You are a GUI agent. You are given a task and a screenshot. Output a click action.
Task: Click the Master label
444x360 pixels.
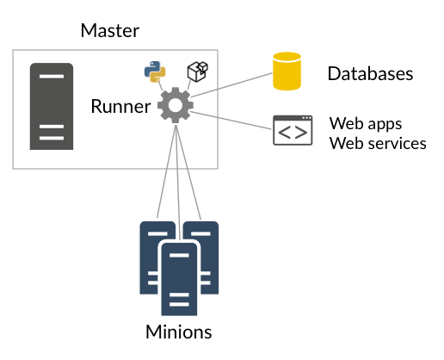110,30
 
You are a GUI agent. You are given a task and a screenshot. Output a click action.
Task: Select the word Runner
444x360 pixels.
120,106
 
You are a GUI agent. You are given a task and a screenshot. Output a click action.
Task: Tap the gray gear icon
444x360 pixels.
176,105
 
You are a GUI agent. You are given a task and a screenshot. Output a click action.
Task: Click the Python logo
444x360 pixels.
155,71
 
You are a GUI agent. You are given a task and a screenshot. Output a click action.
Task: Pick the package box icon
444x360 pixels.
198,71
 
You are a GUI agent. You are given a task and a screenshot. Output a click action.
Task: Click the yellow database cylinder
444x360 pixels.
287,71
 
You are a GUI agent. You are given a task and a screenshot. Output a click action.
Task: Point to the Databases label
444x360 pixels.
370,73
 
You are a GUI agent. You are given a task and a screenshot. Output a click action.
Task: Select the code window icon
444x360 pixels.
293,130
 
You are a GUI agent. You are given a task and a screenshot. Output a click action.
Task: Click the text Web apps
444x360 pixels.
366,124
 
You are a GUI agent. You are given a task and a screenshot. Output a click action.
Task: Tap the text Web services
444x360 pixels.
378,143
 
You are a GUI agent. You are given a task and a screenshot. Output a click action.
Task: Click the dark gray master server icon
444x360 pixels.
52,106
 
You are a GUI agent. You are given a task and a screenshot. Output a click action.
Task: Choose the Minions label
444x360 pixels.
179,332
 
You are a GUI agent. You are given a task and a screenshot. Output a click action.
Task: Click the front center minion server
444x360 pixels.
179,279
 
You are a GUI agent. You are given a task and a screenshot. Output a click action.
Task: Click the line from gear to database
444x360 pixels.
231,85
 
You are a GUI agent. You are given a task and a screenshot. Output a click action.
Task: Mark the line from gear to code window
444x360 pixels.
231,121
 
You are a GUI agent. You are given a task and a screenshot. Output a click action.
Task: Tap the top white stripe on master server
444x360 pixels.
52,77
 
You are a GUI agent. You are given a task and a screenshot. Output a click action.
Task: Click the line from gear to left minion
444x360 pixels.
166,171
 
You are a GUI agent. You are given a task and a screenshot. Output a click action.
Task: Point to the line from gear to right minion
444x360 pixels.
188,172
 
